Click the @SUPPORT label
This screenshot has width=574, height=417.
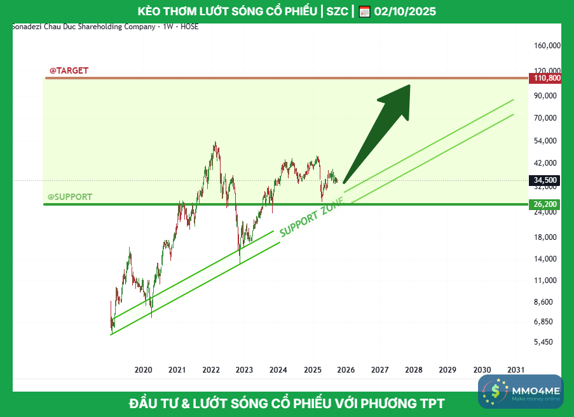tap(70, 197)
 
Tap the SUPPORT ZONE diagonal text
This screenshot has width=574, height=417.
tap(311, 216)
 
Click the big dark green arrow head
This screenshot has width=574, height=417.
tap(397, 98)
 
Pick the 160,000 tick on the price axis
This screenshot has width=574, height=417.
tap(547, 46)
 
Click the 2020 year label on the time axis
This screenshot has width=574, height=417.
tap(143, 369)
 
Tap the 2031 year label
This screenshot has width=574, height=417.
tap(516, 369)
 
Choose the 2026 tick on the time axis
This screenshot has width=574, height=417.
tap(346, 369)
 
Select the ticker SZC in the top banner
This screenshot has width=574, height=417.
tap(337, 12)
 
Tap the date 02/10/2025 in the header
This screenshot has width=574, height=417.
tap(405, 12)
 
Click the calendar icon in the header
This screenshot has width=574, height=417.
tap(364, 12)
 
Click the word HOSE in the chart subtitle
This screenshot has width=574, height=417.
tap(189, 27)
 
